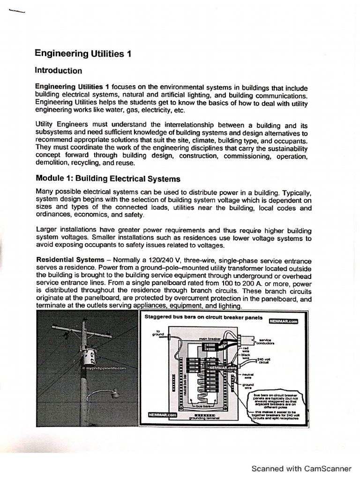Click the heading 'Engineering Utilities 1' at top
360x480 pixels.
click(82, 54)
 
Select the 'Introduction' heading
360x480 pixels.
click(59, 71)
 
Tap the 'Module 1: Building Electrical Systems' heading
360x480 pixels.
click(108, 179)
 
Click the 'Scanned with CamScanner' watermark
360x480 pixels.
click(301, 468)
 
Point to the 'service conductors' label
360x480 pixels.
click(266, 342)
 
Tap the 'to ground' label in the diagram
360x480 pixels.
click(157, 333)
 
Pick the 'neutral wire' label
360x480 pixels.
click(248, 376)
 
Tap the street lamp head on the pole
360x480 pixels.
click(114, 396)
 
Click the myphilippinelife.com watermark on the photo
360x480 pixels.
click(104, 368)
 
